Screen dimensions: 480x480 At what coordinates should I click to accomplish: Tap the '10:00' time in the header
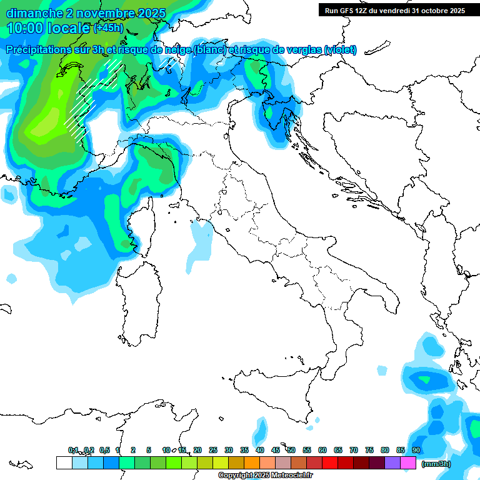click(25, 28)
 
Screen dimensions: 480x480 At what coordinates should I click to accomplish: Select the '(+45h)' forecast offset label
click(108, 28)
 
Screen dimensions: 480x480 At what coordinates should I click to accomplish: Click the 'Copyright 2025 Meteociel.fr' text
click(265, 476)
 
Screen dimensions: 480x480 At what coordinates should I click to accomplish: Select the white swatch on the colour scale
click(64, 463)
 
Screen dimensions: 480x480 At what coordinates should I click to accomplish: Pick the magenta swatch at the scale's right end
click(408, 463)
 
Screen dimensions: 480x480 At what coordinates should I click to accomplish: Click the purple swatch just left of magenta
click(392, 463)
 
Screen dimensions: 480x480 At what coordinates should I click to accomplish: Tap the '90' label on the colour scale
click(416, 450)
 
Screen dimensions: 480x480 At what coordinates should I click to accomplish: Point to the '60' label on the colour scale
click(322, 450)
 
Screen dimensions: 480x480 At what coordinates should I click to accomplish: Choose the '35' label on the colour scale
click(244, 450)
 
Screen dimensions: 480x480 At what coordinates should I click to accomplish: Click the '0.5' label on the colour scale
click(104, 450)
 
